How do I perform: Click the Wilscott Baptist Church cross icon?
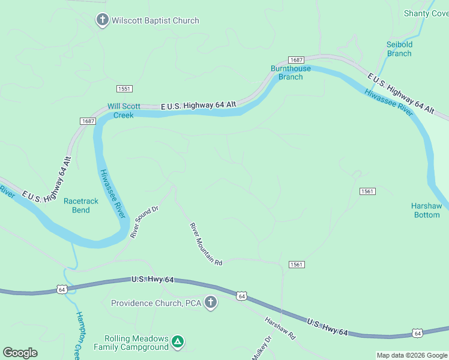(x=102, y=20)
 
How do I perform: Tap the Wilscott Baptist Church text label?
(x=154, y=21)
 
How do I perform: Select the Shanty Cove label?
(x=426, y=13)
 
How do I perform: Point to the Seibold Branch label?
(x=399, y=49)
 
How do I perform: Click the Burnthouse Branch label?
(x=291, y=73)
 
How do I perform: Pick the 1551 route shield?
(x=124, y=89)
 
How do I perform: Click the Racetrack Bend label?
(x=80, y=205)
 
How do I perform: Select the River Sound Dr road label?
(x=144, y=221)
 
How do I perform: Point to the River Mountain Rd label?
(x=206, y=245)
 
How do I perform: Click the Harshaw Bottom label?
(x=426, y=210)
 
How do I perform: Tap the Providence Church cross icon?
(x=210, y=302)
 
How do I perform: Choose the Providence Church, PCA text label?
(x=155, y=303)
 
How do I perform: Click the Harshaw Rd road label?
(x=280, y=328)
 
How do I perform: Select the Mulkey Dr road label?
(x=262, y=347)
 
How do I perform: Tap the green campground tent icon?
(x=177, y=342)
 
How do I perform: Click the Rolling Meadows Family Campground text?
(x=131, y=343)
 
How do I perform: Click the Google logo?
(x=20, y=353)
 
